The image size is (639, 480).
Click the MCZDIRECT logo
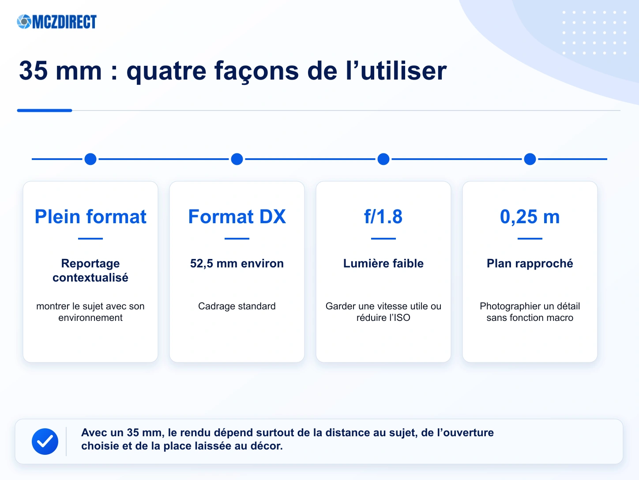click(x=57, y=22)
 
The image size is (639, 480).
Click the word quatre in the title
click(x=166, y=72)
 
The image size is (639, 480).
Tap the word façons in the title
click(x=256, y=72)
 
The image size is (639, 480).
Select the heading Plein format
click(x=90, y=217)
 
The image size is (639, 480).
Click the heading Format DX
click(x=237, y=217)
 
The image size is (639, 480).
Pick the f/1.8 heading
click(x=383, y=217)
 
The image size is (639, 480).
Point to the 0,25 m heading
click(x=530, y=217)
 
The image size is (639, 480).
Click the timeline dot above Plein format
click(x=90, y=159)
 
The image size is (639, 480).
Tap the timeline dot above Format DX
click(x=237, y=159)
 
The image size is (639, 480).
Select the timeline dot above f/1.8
click(x=383, y=159)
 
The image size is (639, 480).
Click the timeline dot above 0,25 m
click(x=530, y=159)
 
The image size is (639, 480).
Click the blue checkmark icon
click(x=45, y=441)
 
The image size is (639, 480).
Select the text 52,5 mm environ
click(x=237, y=263)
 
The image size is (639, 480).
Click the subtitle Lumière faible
click(x=383, y=263)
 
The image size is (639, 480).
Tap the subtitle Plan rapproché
click(x=530, y=264)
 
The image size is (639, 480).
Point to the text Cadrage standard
click(x=237, y=306)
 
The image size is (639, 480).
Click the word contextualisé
click(x=90, y=278)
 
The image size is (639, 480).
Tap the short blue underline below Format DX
click(x=237, y=238)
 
